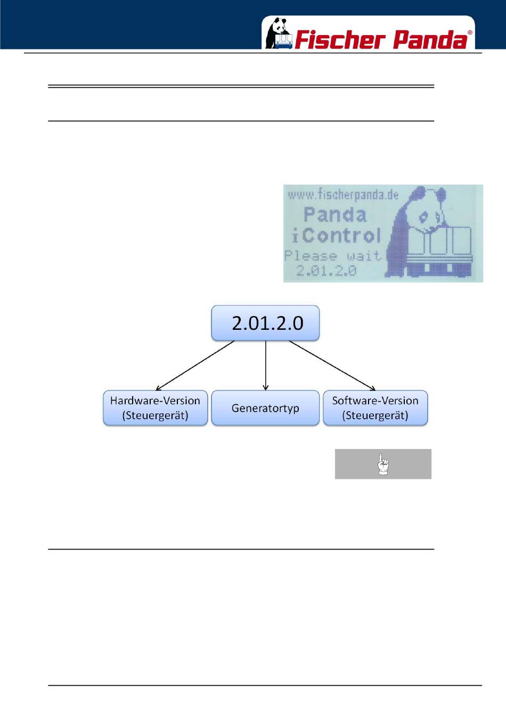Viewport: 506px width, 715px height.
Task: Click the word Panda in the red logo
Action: click(430, 40)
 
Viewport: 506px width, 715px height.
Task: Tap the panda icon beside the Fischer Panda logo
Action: click(279, 34)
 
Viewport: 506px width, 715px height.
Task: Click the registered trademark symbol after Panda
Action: click(470, 33)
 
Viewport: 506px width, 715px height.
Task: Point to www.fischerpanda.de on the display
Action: click(343, 195)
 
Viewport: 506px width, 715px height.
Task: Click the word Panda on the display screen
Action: click(335, 215)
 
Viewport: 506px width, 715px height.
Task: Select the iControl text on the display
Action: click(336, 236)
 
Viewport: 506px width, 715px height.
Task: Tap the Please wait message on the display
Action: click(333, 256)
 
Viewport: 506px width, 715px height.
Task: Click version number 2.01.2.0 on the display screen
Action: click(326, 271)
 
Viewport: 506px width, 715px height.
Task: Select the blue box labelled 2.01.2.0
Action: click(265, 323)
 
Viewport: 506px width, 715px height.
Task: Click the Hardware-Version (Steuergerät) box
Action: click(155, 408)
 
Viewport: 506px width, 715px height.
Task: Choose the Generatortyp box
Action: click(265, 408)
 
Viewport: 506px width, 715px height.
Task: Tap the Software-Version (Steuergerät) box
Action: click(375, 408)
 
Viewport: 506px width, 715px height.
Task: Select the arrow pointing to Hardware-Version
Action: click(195, 365)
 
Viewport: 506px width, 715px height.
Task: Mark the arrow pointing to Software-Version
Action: click(332, 365)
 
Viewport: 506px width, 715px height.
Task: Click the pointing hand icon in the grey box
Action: click(383, 464)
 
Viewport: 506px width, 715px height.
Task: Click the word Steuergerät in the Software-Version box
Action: click(375, 415)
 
